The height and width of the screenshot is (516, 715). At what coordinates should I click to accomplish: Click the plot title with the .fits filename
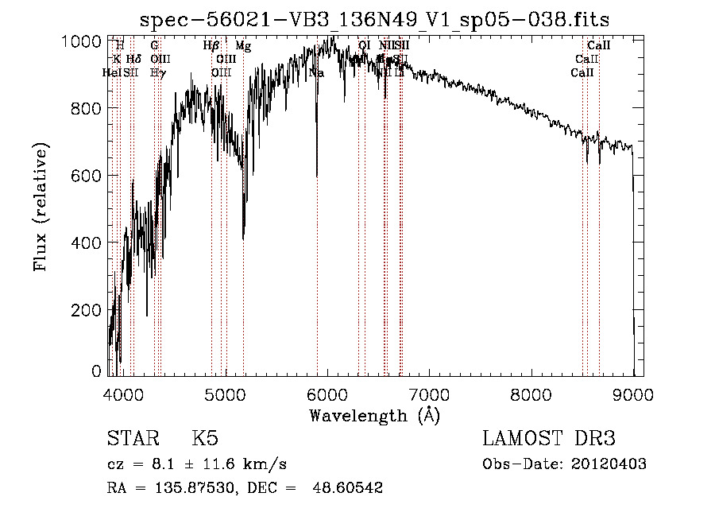coord(374,20)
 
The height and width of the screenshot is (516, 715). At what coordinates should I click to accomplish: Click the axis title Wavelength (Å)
coord(374,415)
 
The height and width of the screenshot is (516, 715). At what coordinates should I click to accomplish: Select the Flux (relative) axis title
coord(41,207)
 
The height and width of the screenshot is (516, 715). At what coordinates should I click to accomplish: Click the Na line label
coord(316,72)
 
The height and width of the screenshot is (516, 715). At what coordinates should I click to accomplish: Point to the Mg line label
coord(243,46)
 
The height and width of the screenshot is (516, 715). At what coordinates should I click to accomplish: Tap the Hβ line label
coord(211,46)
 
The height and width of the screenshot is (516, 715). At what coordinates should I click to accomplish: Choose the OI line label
coord(364,46)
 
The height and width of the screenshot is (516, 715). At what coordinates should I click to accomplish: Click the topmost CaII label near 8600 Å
coord(598,46)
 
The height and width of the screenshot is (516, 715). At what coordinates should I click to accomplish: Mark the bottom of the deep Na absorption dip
coord(317,176)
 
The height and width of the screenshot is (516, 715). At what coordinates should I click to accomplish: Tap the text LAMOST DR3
coord(549,439)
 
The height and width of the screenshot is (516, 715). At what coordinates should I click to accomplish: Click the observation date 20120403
coord(611,464)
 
